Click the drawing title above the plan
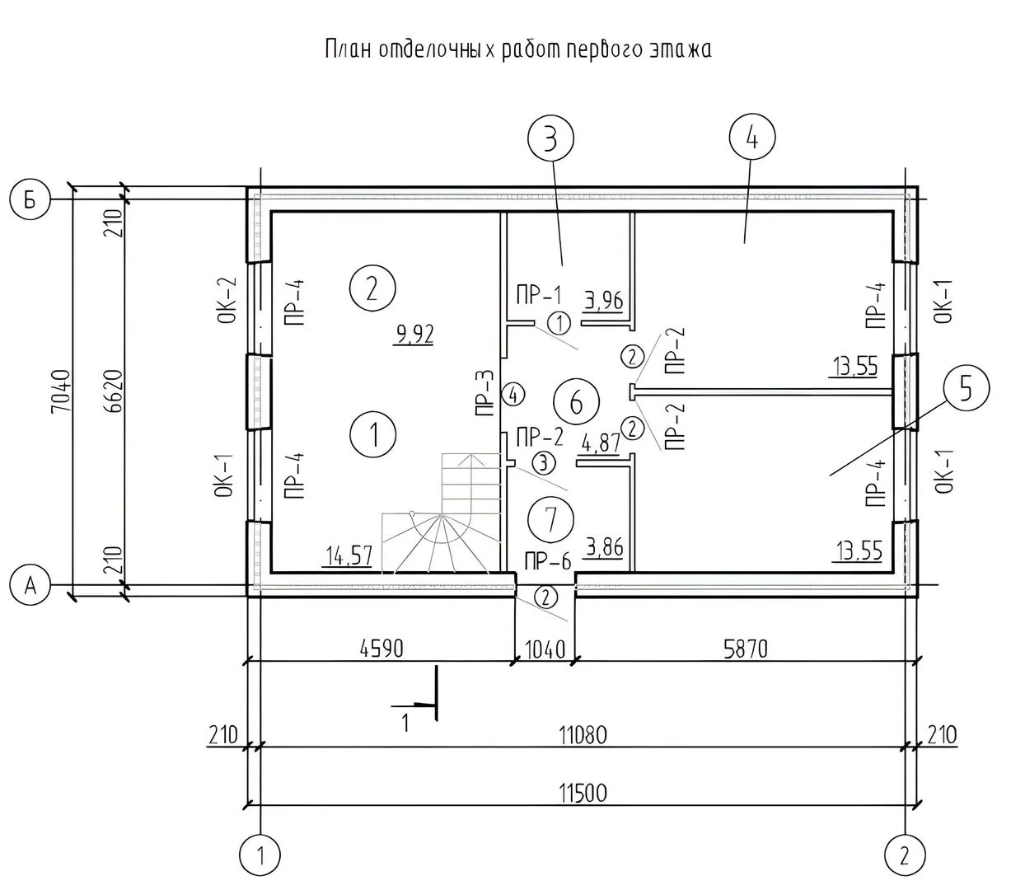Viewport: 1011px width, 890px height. coord(517,49)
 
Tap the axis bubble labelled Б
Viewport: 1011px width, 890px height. coord(30,199)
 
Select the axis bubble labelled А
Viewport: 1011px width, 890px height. coord(30,585)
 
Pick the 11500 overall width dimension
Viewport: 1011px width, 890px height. coord(583,793)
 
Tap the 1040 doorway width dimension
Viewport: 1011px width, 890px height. coord(545,649)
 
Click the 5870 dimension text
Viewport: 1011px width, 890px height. coord(745,649)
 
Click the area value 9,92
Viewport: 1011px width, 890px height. coord(414,334)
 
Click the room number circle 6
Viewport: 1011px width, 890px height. coord(575,402)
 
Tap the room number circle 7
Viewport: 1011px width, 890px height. coord(550,519)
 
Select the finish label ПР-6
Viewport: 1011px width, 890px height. coord(548,562)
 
